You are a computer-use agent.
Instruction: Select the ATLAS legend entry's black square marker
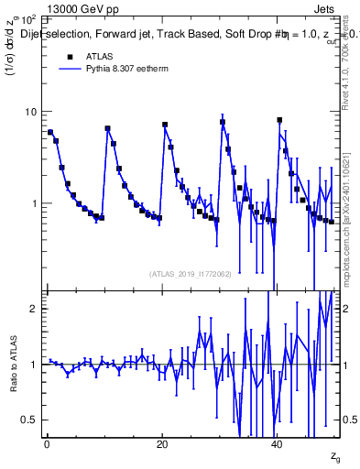coord(69,56)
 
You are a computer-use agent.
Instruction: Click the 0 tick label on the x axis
coord(47,444)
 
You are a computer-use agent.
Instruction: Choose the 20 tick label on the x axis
coord(162,444)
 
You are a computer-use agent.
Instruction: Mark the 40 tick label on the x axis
coord(278,444)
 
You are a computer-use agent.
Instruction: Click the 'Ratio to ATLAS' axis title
coord(13,365)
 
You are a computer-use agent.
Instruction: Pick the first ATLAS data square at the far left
coord(50,132)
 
